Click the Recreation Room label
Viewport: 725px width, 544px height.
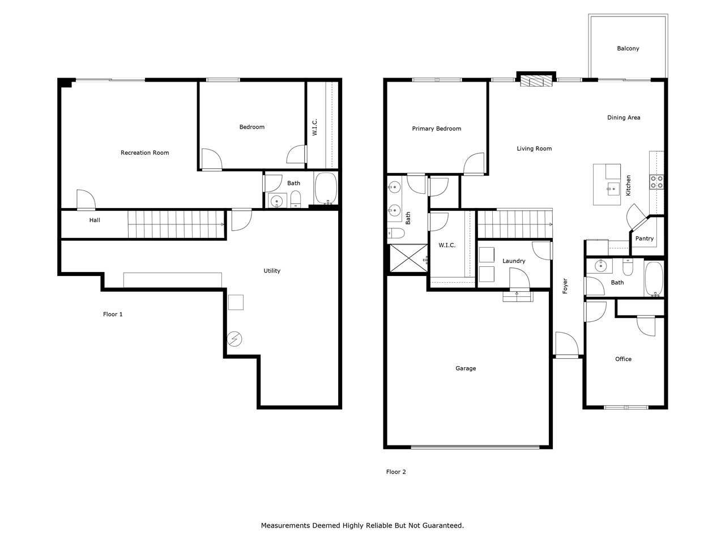[x=144, y=152]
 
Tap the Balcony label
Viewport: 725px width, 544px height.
[x=628, y=49]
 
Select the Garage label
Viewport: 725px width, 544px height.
[x=466, y=368]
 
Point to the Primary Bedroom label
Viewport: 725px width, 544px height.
[x=436, y=129]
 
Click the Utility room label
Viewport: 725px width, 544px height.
[x=272, y=271]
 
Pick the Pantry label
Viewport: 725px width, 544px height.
[x=644, y=239]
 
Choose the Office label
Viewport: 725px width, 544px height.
[x=623, y=359]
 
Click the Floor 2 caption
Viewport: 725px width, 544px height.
[x=396, y=471]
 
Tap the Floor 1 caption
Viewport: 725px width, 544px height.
[x=113, y=314]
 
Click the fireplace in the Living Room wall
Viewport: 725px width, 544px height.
[x=536, y=81]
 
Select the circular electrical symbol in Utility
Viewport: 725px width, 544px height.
[x=234, y=339]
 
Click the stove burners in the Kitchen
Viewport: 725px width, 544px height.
[x=657, y=182]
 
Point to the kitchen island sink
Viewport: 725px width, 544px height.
[x=613, y=189]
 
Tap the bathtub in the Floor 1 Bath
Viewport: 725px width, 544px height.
[x=326, y=189]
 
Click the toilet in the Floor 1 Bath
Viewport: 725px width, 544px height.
[x=295, y=199]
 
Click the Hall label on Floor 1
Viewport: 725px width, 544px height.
[x=95, y=220]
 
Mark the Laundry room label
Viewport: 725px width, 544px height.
[x=514, y=261]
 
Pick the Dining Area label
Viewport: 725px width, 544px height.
[x=624, y=118]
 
